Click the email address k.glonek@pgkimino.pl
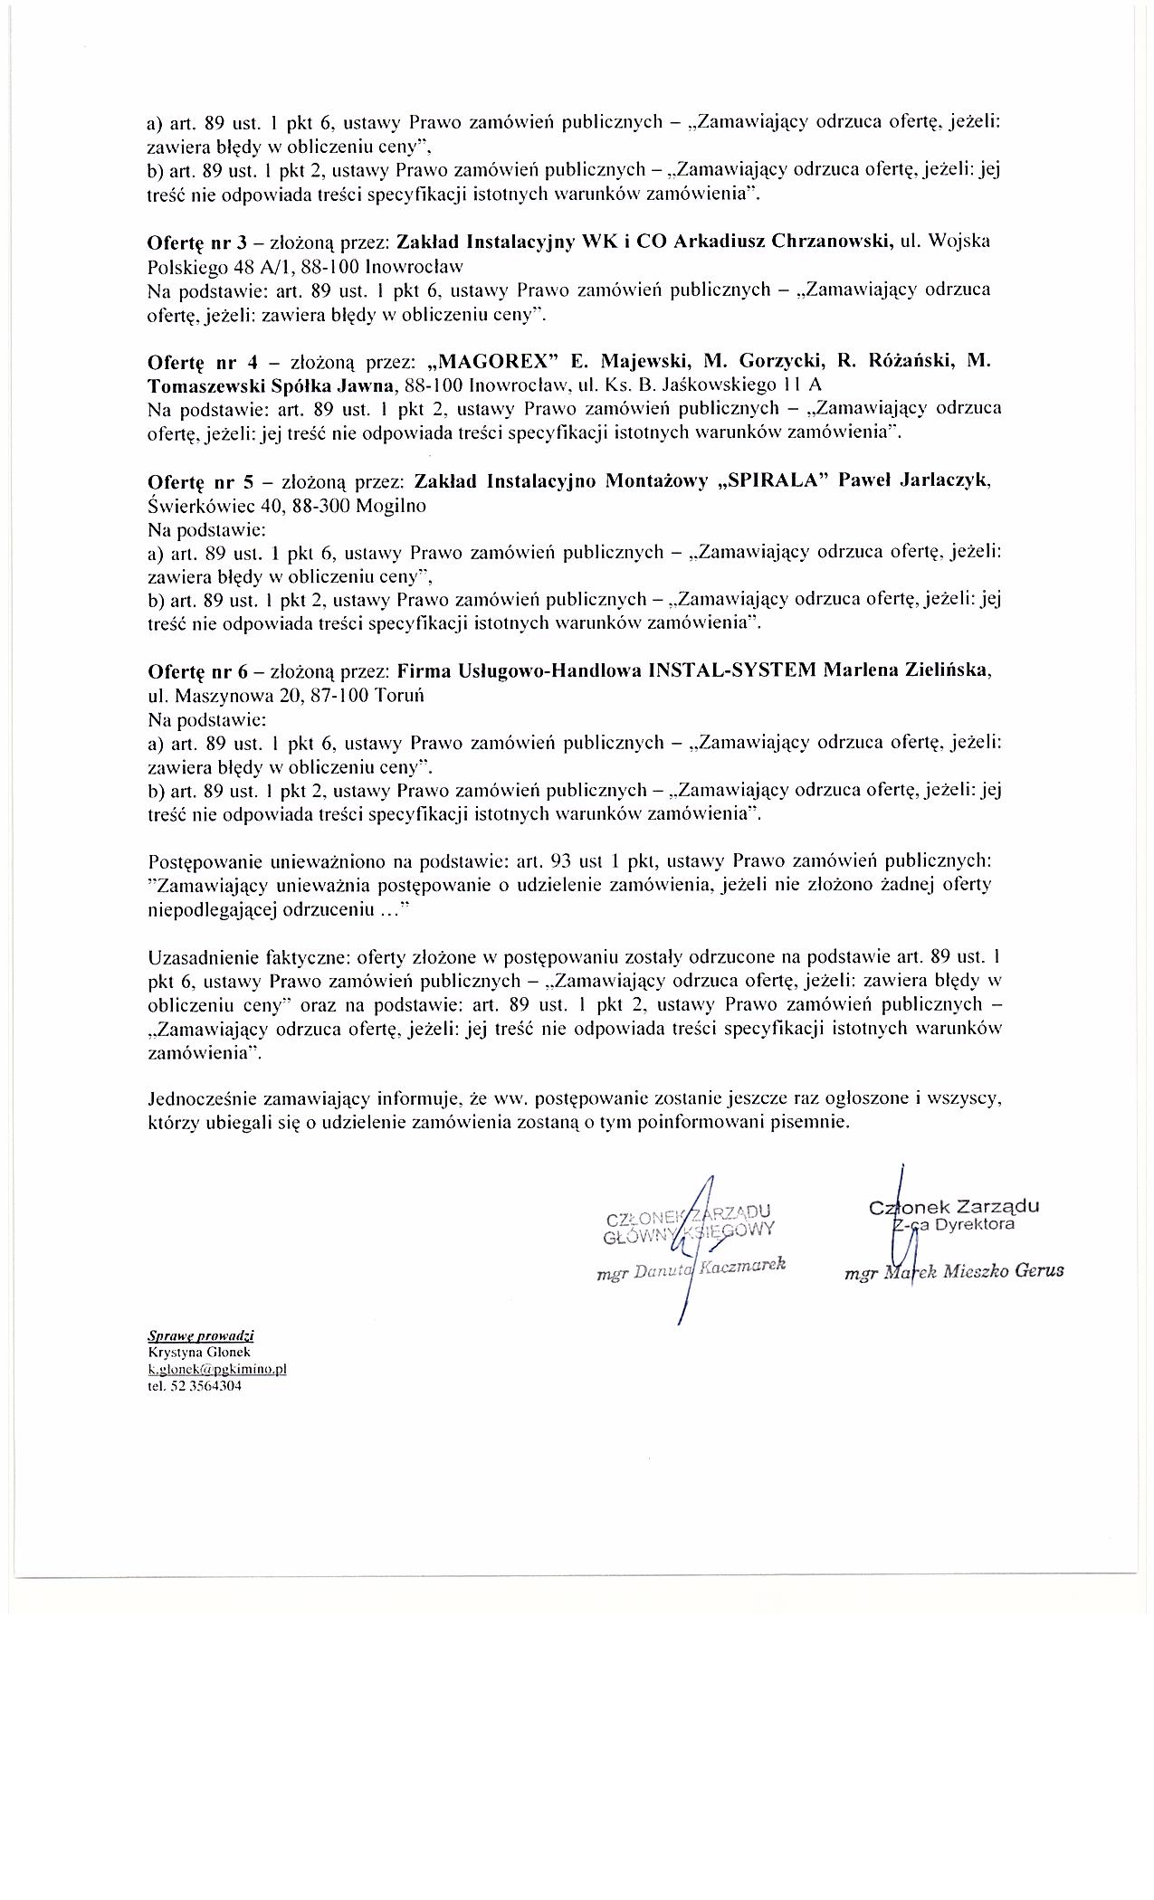click(x=216, y=1369)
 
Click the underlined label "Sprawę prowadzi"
click(x=201, y=1335)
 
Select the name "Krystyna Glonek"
click(x=192, y=1352)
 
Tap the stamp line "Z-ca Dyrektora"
click(x=956, y=1225)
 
